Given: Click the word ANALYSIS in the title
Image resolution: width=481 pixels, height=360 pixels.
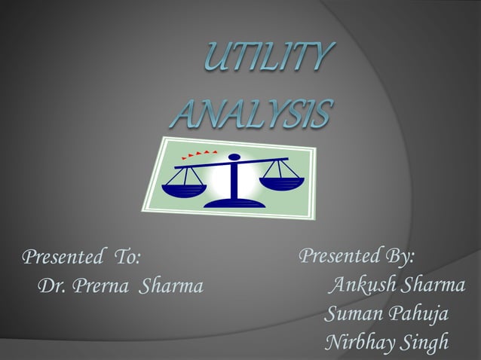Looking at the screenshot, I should tap(251, 115).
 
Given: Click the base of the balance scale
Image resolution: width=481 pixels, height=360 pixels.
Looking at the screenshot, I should tap(233, 201).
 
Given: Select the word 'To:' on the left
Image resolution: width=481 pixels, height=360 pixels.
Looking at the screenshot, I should tap(125, 258).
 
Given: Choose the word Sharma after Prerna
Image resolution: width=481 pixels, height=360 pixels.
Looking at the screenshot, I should tap(170, 287).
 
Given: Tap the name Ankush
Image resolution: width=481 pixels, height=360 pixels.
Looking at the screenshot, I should tap(362, 285).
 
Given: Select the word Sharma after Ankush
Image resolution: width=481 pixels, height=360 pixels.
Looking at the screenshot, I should tap(432, 285).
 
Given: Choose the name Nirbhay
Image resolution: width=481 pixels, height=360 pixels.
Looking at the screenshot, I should tap(358, 342).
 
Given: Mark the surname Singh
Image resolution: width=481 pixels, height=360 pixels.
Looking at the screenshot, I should tap(424, 342).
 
